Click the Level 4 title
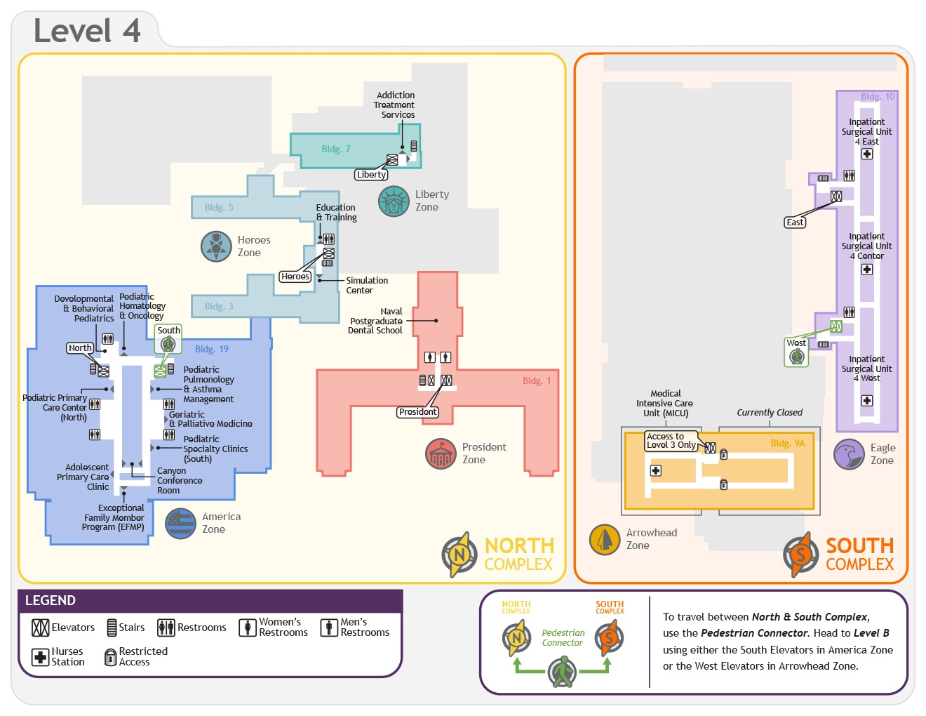pos(87,31)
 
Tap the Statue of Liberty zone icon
pos(394,201)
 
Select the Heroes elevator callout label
pos(295,277)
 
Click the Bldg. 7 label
pos(336,149)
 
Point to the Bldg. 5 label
pos(219,207)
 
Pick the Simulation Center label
pos(366,285)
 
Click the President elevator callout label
pos(418,412)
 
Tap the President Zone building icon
pos(441,453)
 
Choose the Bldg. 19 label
pos(212,349)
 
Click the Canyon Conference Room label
pos(180,480)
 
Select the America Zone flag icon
pos(180,523)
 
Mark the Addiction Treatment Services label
pos(396,105)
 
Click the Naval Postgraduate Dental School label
pos(377,321)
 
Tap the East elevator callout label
pos(795,223)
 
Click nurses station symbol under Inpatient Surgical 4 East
pos(867,154)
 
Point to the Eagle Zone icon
pos(849,454)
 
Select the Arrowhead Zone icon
pos(605,539)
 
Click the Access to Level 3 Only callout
pos(671,441)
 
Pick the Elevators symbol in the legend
pos(41,628)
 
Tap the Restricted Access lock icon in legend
pos(110,657)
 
